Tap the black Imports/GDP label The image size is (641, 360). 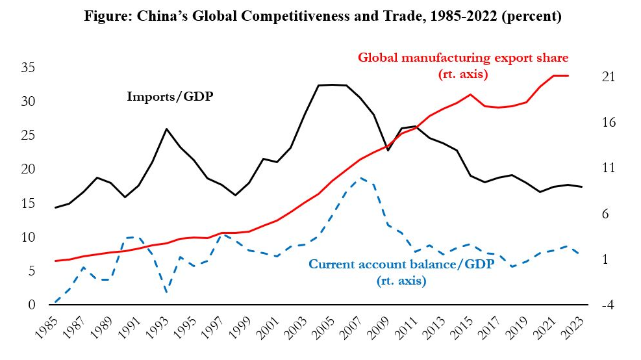(170, 97)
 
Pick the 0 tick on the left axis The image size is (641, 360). (31, 305)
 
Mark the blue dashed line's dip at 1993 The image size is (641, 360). (166, 292)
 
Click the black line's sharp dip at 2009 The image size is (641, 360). (388, 150)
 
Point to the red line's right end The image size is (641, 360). (568, 76)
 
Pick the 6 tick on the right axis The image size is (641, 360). (608, 214)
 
